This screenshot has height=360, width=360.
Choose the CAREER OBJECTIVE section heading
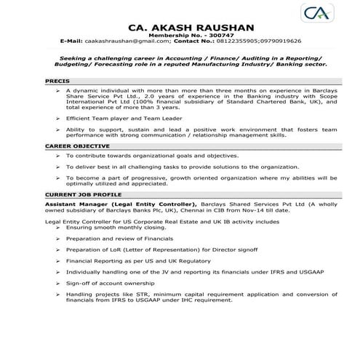pyautogui.click(x=77, y=145)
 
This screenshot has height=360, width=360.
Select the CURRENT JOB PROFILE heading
pyautogui.click(x=82, y=196)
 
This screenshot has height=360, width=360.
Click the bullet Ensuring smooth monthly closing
pyautogui.click(x=117, y=228)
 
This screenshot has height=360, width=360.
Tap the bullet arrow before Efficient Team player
pyautogui.click(x=58, y=117)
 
